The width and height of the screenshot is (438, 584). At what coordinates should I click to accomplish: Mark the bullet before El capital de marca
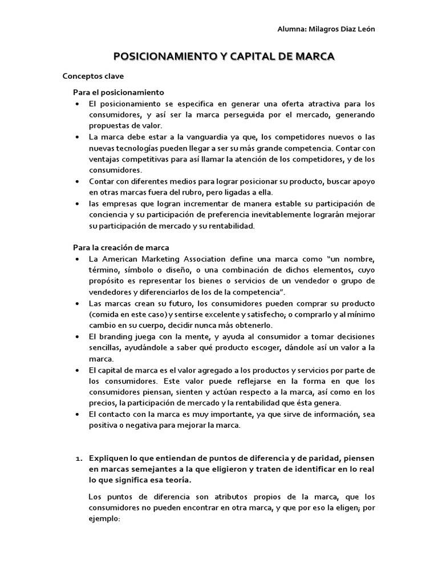pos(77,370)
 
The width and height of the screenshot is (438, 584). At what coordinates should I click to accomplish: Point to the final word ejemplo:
pos(105,520)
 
